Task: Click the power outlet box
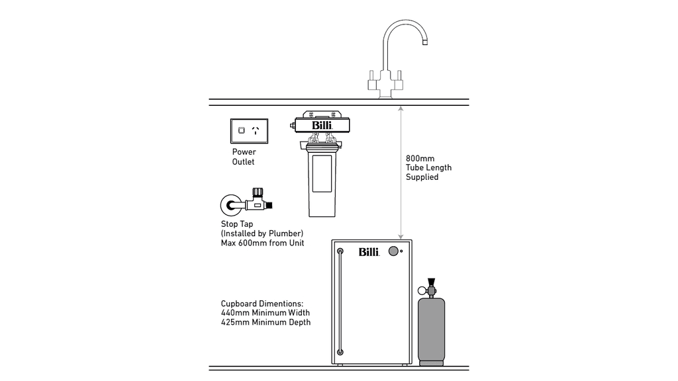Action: pos(248,130)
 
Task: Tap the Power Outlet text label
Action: pos(243,157)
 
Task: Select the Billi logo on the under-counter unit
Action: pos(369,252)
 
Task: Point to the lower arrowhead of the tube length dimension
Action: pos(399,235)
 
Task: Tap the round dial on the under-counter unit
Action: pos(394,251)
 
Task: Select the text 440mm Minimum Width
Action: pos(266,313)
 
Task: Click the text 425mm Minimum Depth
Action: pos(266,322)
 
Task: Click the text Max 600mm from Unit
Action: pos(262,243)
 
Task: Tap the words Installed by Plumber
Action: pos(262,234)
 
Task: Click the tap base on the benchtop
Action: pos(385,93)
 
